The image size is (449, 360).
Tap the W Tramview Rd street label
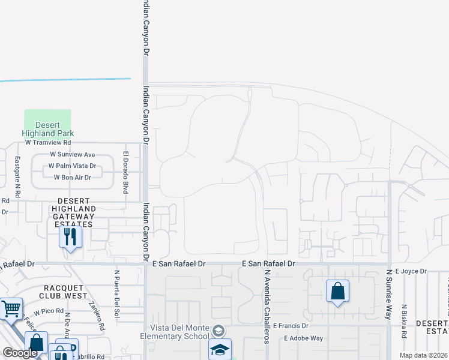point(48,143)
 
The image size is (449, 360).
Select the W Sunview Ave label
point(72,155)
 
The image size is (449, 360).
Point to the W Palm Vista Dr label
point(72,166)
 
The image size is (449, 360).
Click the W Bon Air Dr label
point(72,177)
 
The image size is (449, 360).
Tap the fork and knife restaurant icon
point(70,237)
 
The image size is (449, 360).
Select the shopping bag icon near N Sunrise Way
point(337,292)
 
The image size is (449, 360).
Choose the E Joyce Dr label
point(411,271)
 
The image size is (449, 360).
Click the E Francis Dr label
point(290,326)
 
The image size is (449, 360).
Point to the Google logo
point(20,353)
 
